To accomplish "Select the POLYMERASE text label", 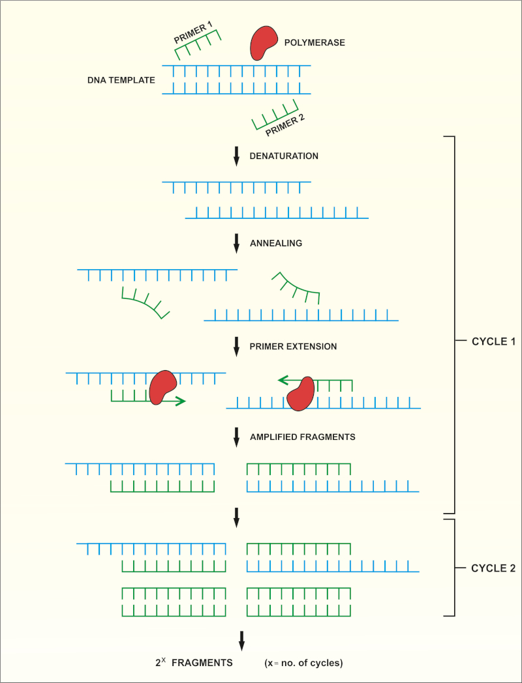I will (315, 43).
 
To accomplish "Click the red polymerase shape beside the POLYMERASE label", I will (262, 43).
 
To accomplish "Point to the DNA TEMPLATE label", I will (121, 80).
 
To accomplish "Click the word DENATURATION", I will (284, 156).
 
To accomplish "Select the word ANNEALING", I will (276, 243).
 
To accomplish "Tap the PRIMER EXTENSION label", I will (293, 347).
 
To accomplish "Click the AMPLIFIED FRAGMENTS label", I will (302, 437).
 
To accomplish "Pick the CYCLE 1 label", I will (493, 341).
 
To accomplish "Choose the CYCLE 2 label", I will (493, 568).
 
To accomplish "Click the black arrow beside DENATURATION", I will (237, 156).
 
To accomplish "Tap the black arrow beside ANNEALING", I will (237, 244).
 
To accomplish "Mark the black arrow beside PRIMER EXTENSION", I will (237, 347).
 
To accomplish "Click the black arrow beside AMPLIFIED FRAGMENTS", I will (237, 437).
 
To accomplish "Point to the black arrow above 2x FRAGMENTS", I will (241, 639).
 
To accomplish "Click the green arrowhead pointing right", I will (181, 401).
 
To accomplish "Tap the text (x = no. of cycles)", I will (303, 663).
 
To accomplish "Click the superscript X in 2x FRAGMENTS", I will (164, 659).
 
